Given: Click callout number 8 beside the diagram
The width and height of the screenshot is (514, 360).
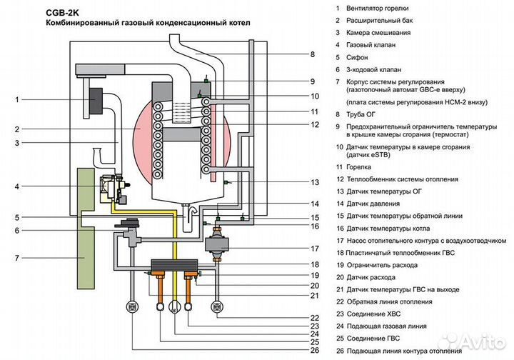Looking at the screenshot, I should [312, 54].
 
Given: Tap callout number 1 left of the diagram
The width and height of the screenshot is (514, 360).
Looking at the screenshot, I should [17, 100].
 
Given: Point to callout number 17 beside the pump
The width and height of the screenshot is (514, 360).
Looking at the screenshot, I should [313, 249].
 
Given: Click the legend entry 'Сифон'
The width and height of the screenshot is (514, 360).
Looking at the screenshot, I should [358, 57].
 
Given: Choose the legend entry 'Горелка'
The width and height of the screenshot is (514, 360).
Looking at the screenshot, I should [361, 166].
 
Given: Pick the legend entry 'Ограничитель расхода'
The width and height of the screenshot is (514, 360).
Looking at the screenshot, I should [385, 265].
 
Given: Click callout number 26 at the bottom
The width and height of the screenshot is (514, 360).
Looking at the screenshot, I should [313, 350].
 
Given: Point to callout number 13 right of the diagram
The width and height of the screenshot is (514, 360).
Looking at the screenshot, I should [313, 182].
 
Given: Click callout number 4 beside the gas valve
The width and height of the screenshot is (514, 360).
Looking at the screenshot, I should [17, 187].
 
